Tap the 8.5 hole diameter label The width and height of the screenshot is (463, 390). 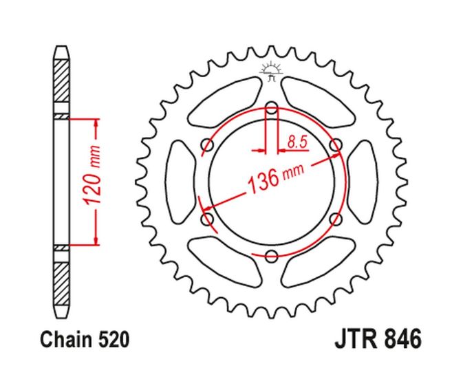tap(297, 142)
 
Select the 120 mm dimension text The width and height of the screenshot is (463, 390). tap(92, 175)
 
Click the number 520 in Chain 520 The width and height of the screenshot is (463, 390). tap(114, 340)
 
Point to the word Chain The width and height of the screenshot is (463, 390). tap(67, 340)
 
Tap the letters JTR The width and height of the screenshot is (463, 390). tap(356, 339)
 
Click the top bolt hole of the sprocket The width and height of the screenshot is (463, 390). tap(271, 108)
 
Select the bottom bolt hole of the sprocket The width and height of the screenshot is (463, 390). tap(271, 255)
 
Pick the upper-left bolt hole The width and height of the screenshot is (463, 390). tap(207, 144)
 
